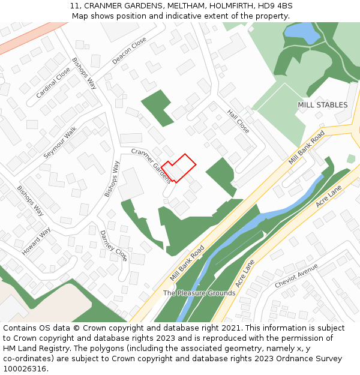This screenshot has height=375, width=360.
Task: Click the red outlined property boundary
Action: click(179, 167)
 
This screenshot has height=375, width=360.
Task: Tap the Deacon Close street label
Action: click(129, 50)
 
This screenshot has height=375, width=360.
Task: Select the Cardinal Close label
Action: click(53, 82)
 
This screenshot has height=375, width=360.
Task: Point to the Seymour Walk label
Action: click(60, 142)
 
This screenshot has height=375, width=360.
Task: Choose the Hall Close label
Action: click(238, 121)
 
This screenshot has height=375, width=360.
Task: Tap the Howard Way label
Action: click(37, 242)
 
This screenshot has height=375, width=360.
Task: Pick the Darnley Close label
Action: click(113, 245)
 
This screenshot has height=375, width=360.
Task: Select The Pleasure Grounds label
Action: click(199, 293)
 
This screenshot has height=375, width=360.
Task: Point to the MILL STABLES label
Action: click(322, 105)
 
